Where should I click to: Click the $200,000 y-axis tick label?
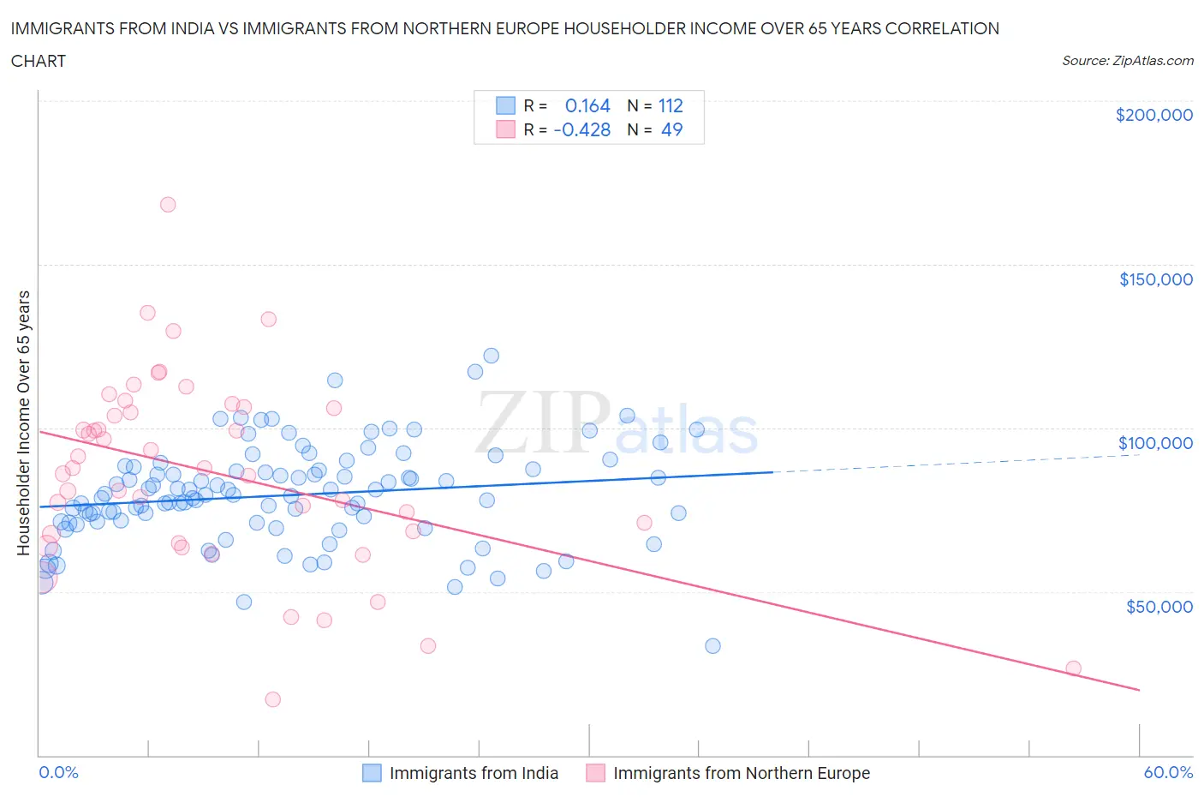1153,115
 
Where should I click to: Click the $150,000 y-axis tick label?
1155,279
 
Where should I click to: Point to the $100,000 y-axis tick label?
1155,443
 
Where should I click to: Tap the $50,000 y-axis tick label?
1159,607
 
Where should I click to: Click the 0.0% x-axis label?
58,772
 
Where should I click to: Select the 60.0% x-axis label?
1168,772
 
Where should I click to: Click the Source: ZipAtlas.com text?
1127,60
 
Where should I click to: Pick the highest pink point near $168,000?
168,205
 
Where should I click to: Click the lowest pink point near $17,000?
273,699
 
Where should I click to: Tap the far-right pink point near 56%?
1073,668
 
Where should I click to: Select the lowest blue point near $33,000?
712,646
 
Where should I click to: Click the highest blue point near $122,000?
492,356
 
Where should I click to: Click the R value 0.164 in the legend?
587,105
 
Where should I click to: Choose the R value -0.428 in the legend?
581,129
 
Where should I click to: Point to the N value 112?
670,105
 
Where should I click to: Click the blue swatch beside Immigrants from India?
372,773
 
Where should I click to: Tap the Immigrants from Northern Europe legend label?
741,773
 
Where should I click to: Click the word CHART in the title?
39,61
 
